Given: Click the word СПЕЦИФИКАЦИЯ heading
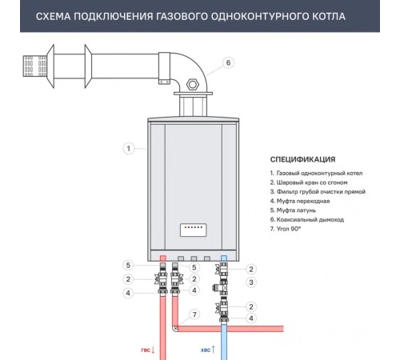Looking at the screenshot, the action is [302, 159].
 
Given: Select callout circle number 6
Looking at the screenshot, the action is [228, 63].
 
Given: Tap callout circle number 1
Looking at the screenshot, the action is [129, 148].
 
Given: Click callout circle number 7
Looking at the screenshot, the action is [194, 314].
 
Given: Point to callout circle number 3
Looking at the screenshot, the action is [251, 282].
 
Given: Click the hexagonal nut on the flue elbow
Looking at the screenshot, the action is [193, 84].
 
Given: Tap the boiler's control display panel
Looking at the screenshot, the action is [194, 230].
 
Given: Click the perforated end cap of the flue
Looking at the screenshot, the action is [34, 66].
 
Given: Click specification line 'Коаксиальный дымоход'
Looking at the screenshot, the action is [306, 220].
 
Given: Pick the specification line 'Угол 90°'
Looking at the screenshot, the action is [285, 229].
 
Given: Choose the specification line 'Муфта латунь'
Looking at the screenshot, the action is [293, 210].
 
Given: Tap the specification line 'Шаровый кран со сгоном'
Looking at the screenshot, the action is [309, 182].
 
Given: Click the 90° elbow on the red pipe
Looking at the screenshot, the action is [175, 329].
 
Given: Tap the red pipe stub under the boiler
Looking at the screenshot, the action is [163, 258].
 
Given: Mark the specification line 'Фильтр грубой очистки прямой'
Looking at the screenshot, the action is [318, 192].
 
